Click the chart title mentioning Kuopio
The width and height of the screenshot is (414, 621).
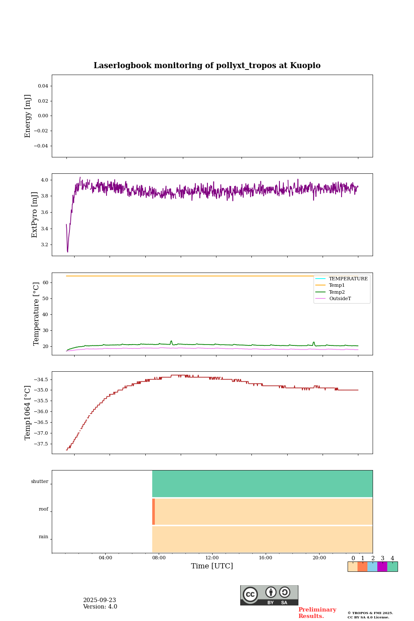207,66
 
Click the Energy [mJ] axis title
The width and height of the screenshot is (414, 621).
28,116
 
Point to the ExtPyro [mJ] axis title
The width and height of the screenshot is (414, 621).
35,215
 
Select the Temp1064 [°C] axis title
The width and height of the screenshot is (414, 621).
28,413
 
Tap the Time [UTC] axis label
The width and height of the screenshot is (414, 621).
212,566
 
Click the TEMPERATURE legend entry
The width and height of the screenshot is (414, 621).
348,279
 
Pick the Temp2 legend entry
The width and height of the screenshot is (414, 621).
337,292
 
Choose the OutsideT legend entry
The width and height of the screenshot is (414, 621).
340,299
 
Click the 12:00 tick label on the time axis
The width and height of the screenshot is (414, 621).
212,558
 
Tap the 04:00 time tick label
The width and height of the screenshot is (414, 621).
105,558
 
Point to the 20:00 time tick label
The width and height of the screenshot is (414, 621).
319,558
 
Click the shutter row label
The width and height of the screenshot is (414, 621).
40,482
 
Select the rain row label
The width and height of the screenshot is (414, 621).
44,537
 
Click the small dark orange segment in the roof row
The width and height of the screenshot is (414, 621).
154,511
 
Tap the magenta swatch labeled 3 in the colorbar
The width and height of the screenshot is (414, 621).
382,567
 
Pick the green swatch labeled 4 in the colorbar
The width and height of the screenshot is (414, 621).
392,567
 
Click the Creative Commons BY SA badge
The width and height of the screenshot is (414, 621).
269,595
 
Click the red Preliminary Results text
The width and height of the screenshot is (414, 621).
317,613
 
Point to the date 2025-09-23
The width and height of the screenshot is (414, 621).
99,600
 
